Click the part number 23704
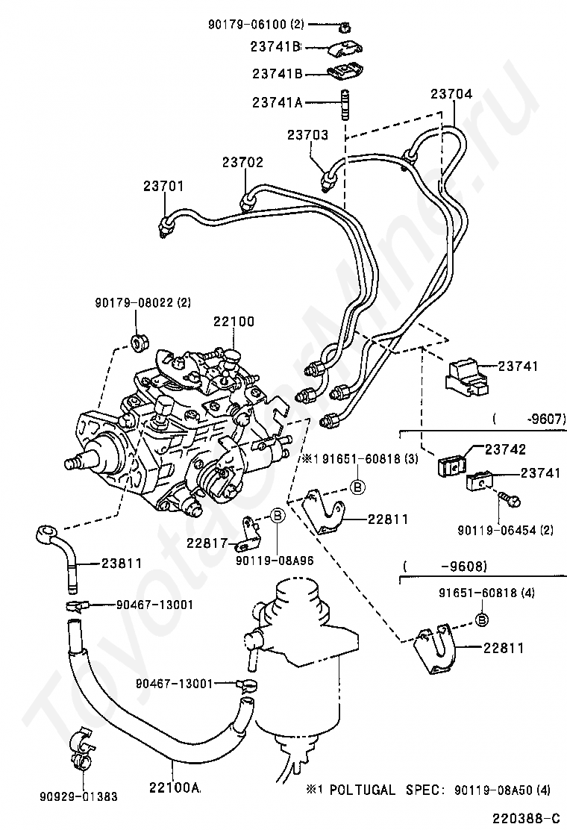pyautogui.click(x=451, y=94)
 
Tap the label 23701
pyautogui.click(x=163, y=185)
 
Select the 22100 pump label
pyautogui.click(x=234, y=322)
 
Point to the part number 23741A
pyautogui.click(x=277, y=103)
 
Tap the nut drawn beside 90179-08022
pyautogui.click(x=139, y=344)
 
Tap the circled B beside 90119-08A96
pyautogui.click(x=277, y=514)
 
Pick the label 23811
pyautogui.click(x=122, y=564)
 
